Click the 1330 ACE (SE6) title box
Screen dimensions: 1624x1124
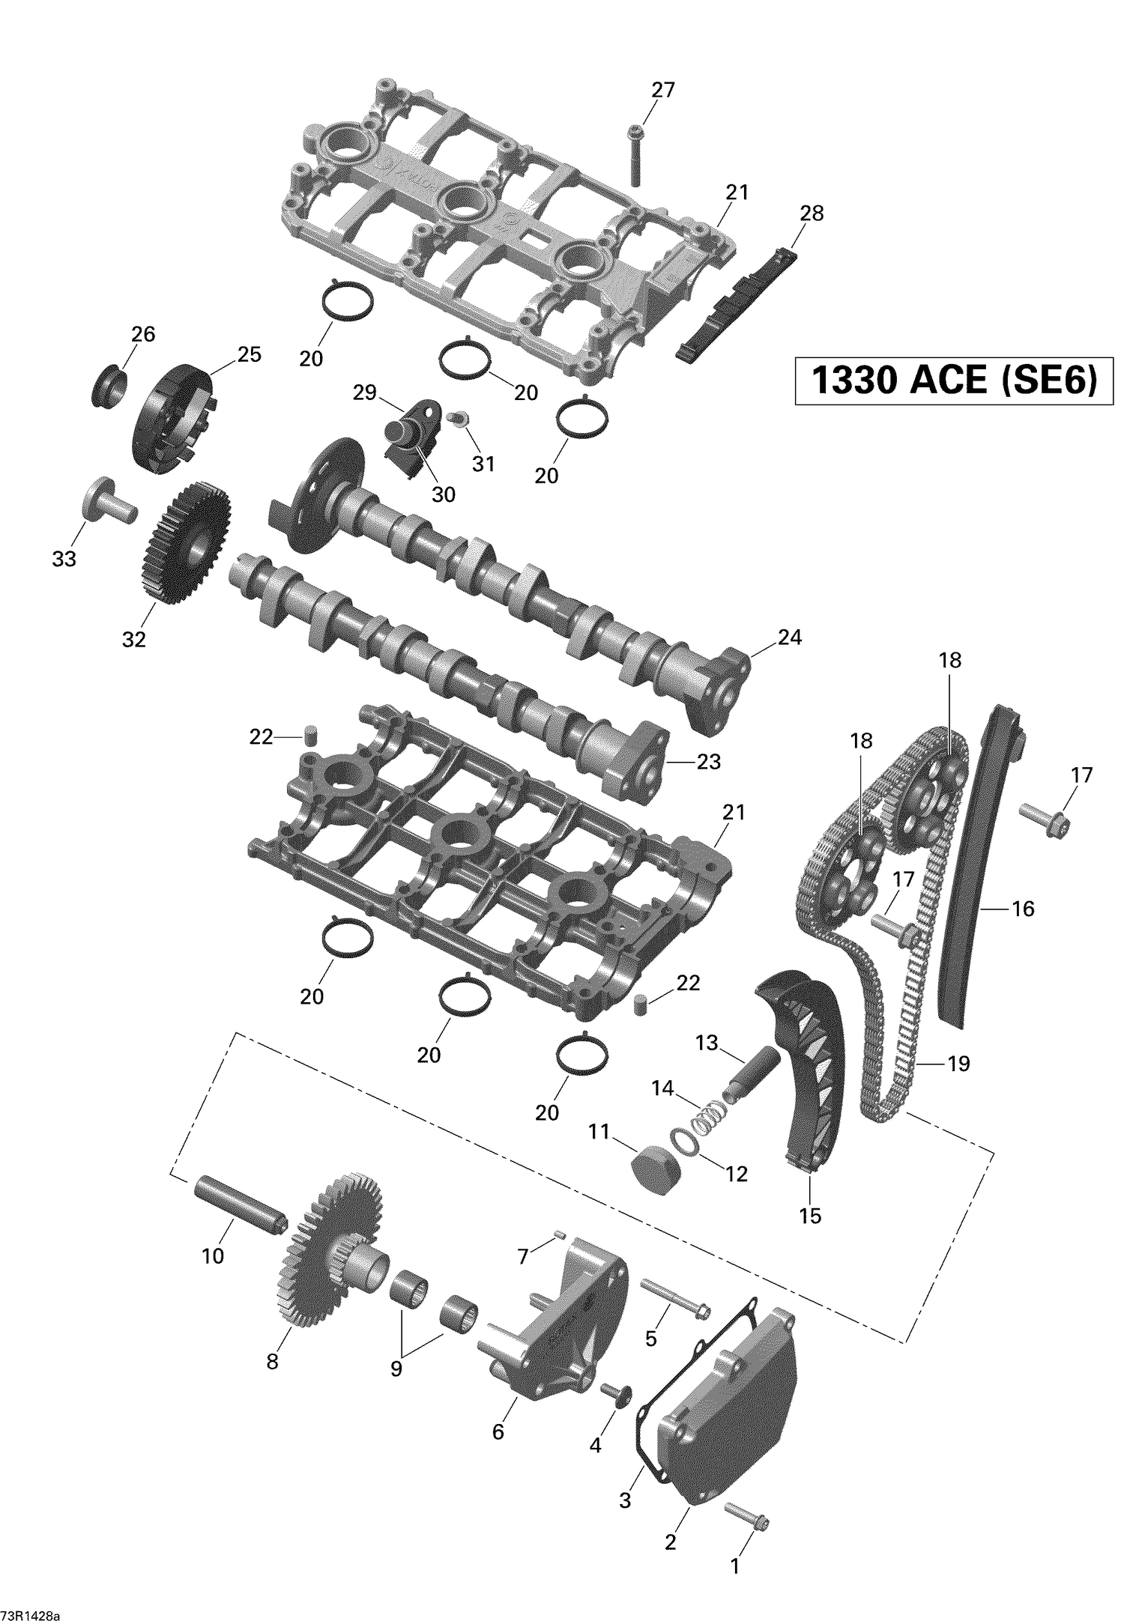coord(953,381)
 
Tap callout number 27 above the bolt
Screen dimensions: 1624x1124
coord(662,90)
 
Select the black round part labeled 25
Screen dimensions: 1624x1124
coord(172,419)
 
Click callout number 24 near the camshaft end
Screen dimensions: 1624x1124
coord(789,637)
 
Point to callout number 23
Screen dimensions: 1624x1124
coord(708,762)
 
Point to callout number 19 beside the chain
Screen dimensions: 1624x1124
coord(958,1063)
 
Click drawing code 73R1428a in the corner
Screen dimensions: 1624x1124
coord(32,1609)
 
